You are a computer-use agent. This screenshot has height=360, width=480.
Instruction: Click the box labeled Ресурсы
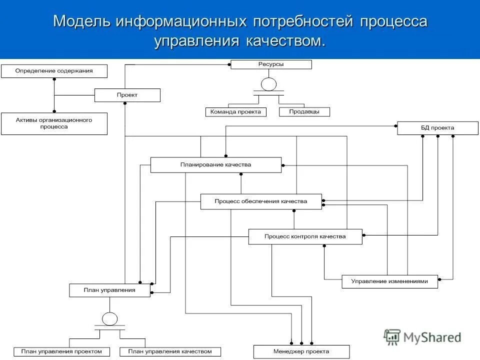pyautogui.click(x=271, y=64)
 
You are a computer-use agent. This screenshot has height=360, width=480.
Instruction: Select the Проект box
pyautogui.click(x=127, y=95)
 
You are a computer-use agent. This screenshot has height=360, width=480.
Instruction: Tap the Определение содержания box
pyautogui.click(x=54, y=71)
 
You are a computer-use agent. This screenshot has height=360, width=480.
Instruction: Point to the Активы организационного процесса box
pyautogui.click(x=54, y=123)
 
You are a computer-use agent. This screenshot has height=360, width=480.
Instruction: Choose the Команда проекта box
pyautogui.click(x=236, y=112)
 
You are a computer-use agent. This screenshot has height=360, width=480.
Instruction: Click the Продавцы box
pyautogui.click(x=304, y=112)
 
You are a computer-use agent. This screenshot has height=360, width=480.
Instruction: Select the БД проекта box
pyautogui.click(x=437, y=128)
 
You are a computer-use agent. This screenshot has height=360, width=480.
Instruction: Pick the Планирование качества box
pyautogui.click(x=216, y=165)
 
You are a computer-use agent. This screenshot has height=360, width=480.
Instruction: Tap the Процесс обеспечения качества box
pyautogui.click(x=261, y=201)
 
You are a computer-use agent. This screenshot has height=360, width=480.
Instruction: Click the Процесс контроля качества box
pyautogui.click(x=305, y=236)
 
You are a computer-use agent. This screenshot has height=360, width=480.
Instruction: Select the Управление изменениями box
pyautogui.click(x=389, y=281)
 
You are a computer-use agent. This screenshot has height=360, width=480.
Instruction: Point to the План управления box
pyautogui.click(x=109, y=290)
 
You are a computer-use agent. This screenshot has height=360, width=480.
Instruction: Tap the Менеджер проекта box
pyautogui.click(x=301, y=352)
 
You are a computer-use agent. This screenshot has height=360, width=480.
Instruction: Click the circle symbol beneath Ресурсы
pyautogui.click(x=268, y=84)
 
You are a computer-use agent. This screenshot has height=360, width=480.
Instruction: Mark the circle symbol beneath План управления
pyautogui.click(x=109, y=319)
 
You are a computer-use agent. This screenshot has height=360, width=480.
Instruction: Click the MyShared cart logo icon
pyautogui.click(x=392, y=337)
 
